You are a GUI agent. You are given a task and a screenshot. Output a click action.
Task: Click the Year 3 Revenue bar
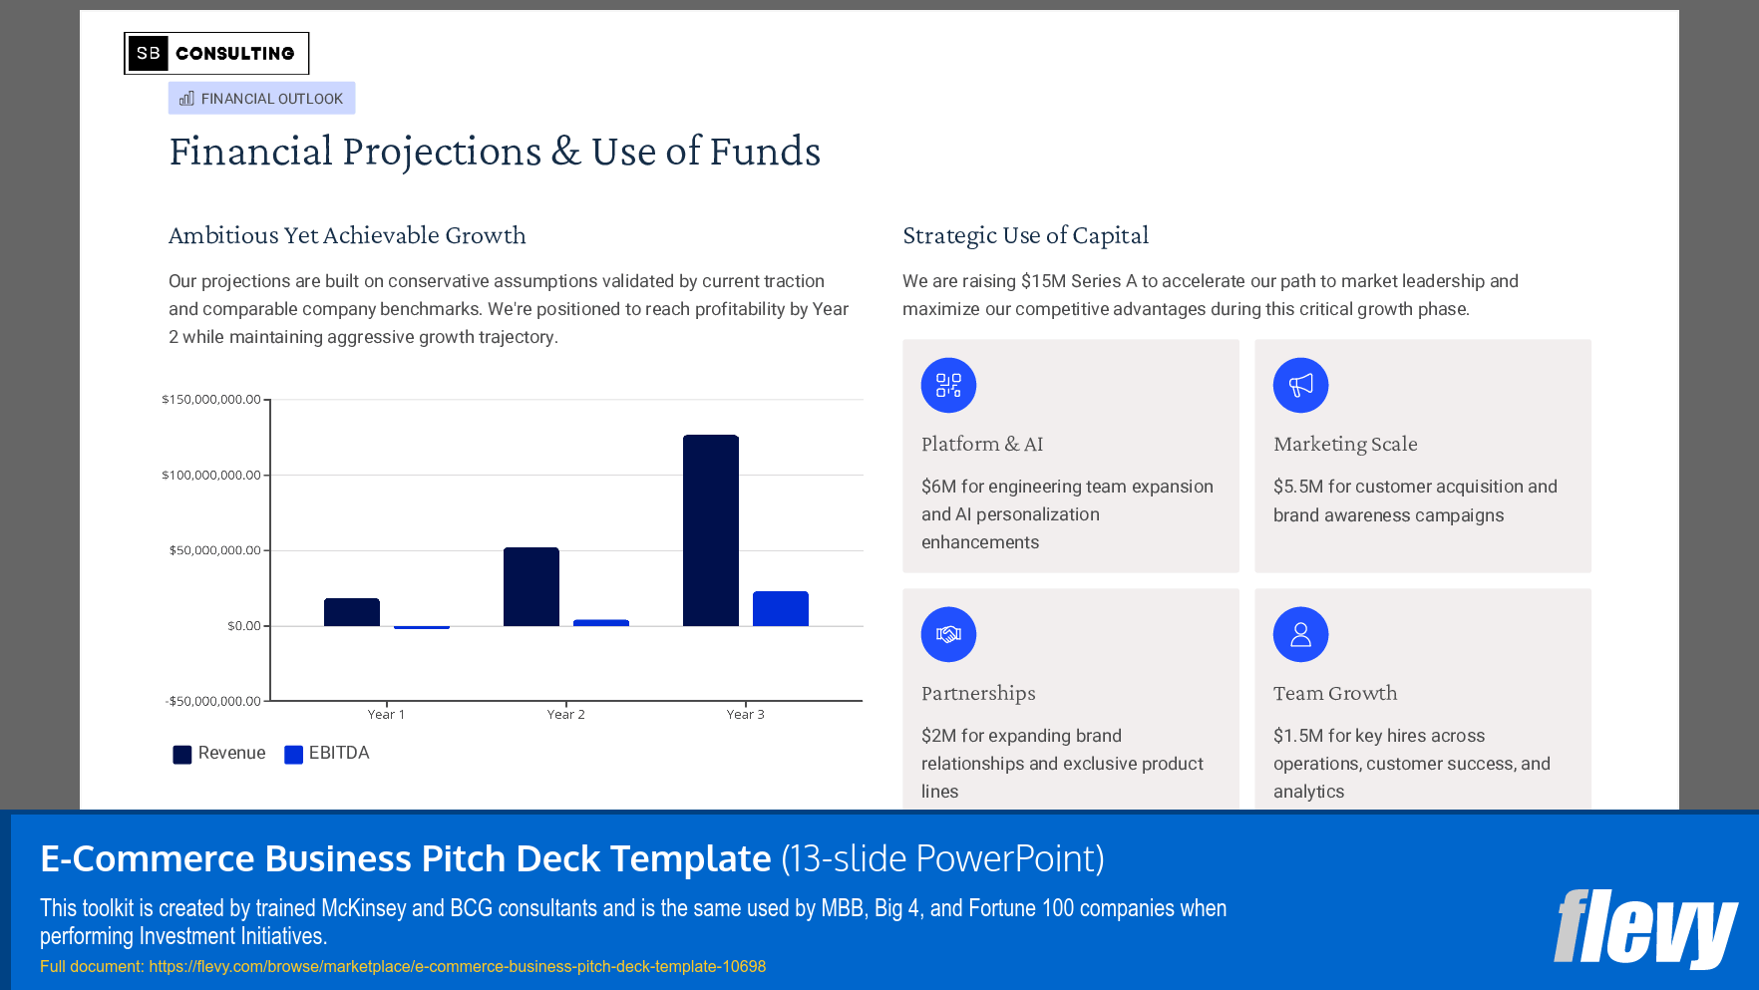click(710, 530)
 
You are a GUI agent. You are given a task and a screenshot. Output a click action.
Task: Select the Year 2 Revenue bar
click(530, 587)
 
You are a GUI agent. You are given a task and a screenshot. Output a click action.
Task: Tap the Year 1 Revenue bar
click(351, 612)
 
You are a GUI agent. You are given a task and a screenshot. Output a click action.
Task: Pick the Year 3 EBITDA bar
click(780, 609)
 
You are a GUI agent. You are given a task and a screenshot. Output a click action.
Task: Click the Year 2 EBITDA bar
click(600, 623)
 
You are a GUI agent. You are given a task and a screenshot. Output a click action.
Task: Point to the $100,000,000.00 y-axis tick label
click(211, 475)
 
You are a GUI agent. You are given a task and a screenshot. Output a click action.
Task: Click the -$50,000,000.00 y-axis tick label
click(212, 701)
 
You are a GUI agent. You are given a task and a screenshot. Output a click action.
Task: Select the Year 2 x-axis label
click(565, 715)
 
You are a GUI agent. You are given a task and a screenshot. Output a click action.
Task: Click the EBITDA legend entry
click(327, 754)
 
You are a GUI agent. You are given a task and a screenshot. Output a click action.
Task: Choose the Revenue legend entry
click(219, 754)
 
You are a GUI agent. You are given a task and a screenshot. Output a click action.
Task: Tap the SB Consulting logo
click(216, 54)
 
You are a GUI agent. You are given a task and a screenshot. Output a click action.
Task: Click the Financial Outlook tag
click(261, 99)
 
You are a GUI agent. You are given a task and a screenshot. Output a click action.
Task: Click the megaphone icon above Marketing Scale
click(1300, 385)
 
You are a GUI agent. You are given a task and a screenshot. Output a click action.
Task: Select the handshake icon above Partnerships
click(948, 634)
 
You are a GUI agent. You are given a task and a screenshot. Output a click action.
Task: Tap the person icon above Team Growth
click(1300, 634)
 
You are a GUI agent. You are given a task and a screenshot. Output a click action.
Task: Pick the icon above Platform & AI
click(948, 385)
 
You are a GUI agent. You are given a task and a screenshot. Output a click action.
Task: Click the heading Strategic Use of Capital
click(1025, 235)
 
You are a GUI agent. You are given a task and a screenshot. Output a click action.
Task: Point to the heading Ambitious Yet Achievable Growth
click(347, 235)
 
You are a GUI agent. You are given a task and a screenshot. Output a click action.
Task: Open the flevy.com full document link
click(457, 966)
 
